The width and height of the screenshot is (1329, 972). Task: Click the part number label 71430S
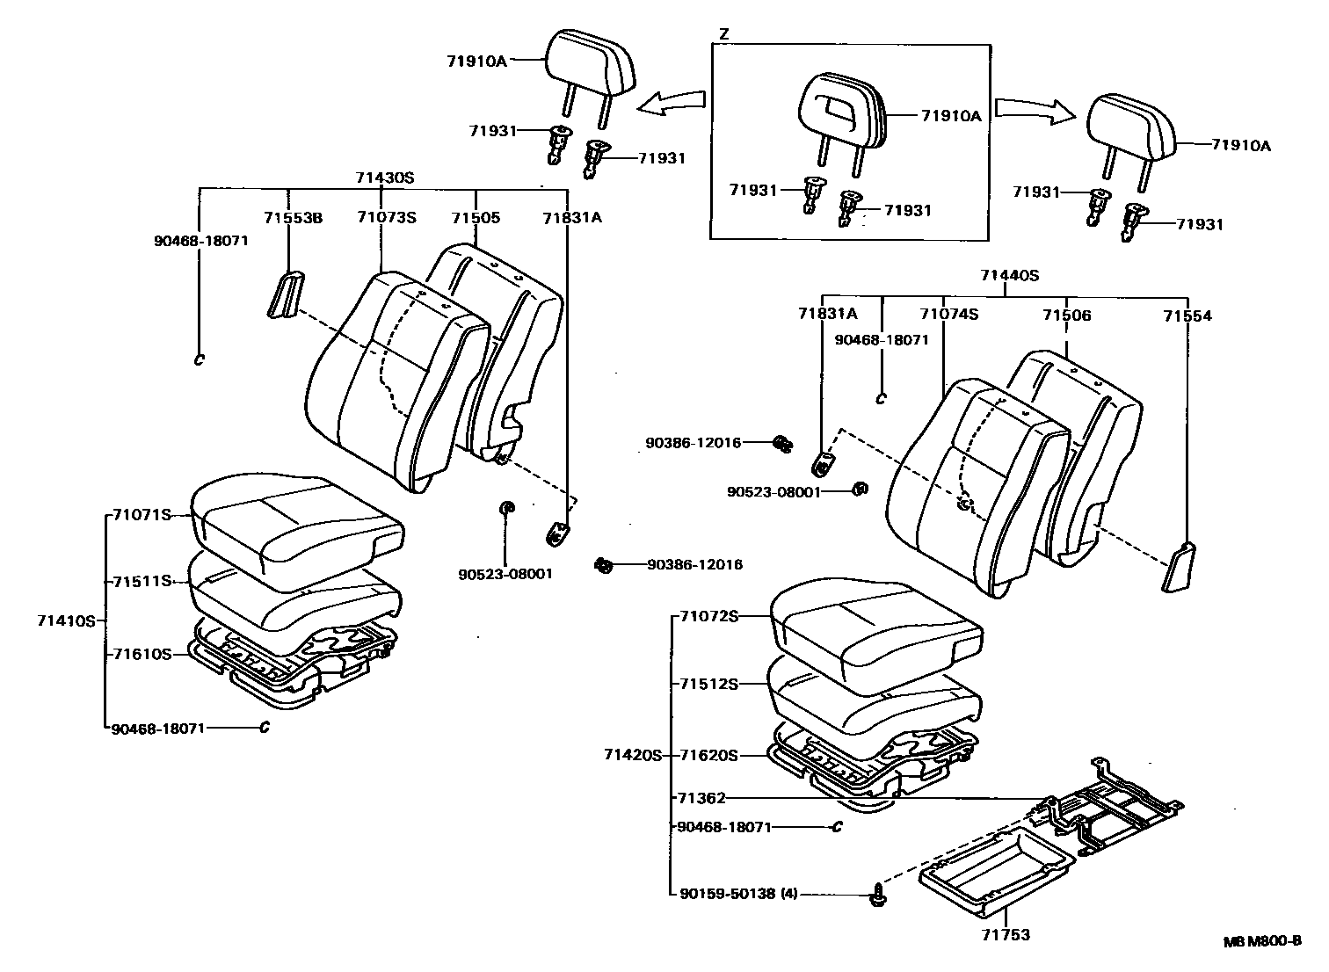click(x=384, y=178)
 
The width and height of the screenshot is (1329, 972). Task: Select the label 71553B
click(x=293, y=217)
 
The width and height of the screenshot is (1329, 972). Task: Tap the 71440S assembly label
click(x=1010, y=275)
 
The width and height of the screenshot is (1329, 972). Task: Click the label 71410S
click(x=65, y=620)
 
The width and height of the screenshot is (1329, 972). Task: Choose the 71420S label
click(x=632, y=755)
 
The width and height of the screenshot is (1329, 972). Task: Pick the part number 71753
click(x=1006, y=934)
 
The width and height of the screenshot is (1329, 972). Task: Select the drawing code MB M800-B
click(x=1262, y=941)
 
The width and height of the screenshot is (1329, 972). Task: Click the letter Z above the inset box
click(x=723, y=34)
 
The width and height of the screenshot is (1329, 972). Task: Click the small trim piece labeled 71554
click(x=1178, y=567)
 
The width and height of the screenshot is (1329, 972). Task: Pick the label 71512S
click(x=708, y=684)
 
